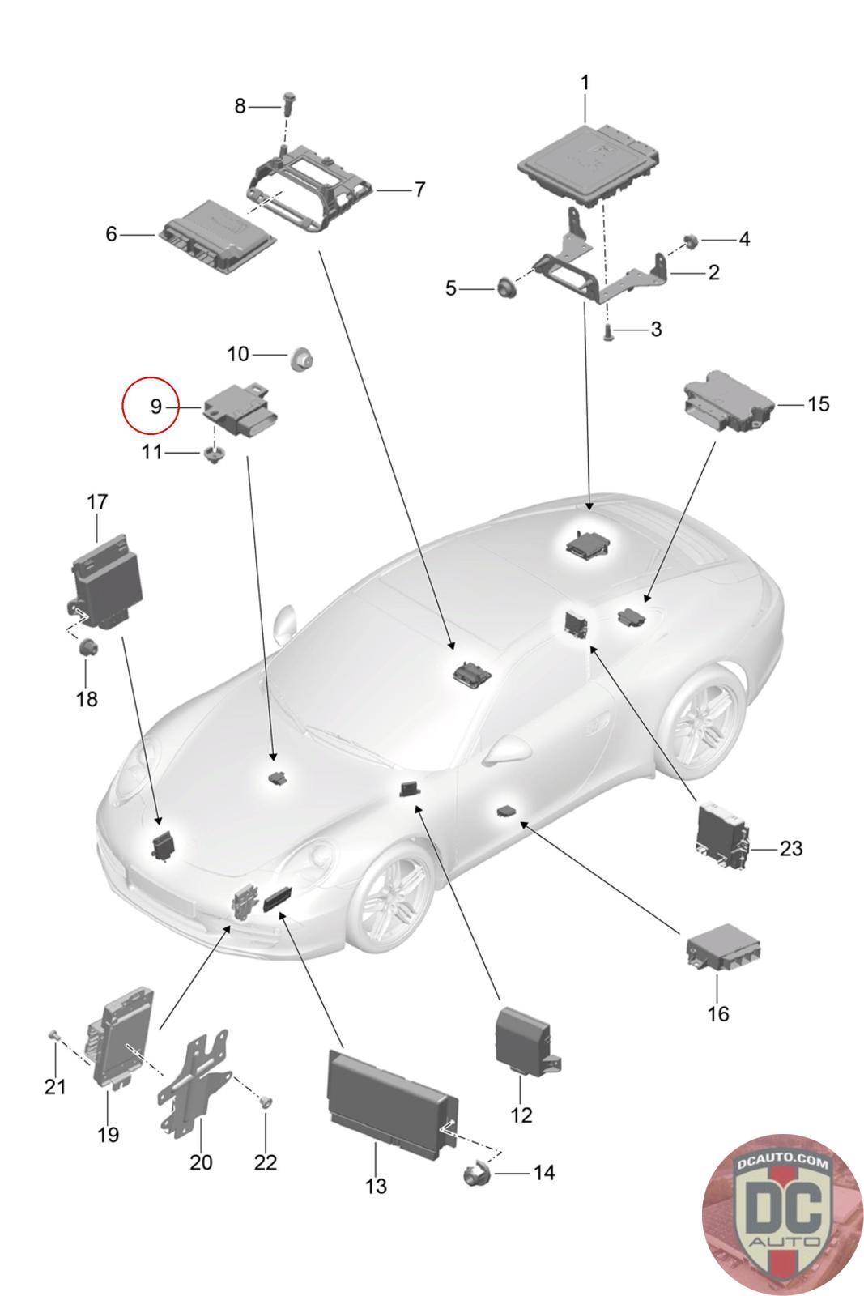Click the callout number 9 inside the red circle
(155, 406)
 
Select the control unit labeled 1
(589, 164)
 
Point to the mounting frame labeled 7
(313, 191)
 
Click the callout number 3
(656, 329)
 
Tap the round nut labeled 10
(300, 360)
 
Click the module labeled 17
(104, 584)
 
